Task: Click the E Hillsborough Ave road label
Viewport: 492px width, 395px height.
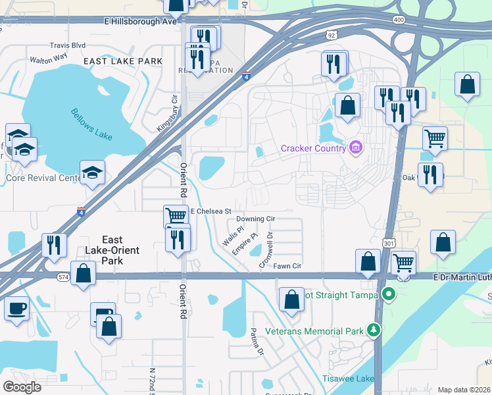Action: coord(141,22)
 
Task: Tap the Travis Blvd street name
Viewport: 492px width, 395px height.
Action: coord(68,46)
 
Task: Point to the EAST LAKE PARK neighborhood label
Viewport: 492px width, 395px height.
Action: coord(123,61)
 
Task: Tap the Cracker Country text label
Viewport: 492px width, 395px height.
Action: coord(313,148)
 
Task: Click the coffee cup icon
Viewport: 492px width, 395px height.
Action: coord(16,307)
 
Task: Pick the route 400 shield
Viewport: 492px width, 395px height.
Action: coord(399,20)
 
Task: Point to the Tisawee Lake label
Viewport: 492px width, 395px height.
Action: coord(348,379)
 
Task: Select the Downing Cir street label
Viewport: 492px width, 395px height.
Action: coord(255,219)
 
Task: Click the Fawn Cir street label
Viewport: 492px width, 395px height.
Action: coord(287,266)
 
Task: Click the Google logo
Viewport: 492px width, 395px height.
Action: coord(22,386)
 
